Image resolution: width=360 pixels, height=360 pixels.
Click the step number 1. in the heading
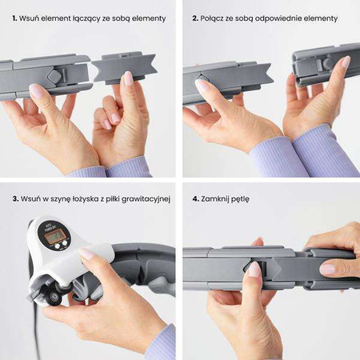click(14, 18)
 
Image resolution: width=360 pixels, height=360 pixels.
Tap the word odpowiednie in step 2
click(278, 18)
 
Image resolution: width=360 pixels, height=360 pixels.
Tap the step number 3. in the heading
click(15, 199)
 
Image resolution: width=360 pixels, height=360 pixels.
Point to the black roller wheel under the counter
click(54, 297)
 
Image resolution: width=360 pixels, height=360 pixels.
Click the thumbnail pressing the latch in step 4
click(254, 269)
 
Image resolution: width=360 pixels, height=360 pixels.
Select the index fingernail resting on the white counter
click(86, 254)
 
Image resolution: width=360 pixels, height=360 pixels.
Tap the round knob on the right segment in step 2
click(328, 63)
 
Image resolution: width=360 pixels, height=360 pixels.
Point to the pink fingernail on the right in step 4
click(328, 269)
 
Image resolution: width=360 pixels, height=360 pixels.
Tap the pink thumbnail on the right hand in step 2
click(346, 62)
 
